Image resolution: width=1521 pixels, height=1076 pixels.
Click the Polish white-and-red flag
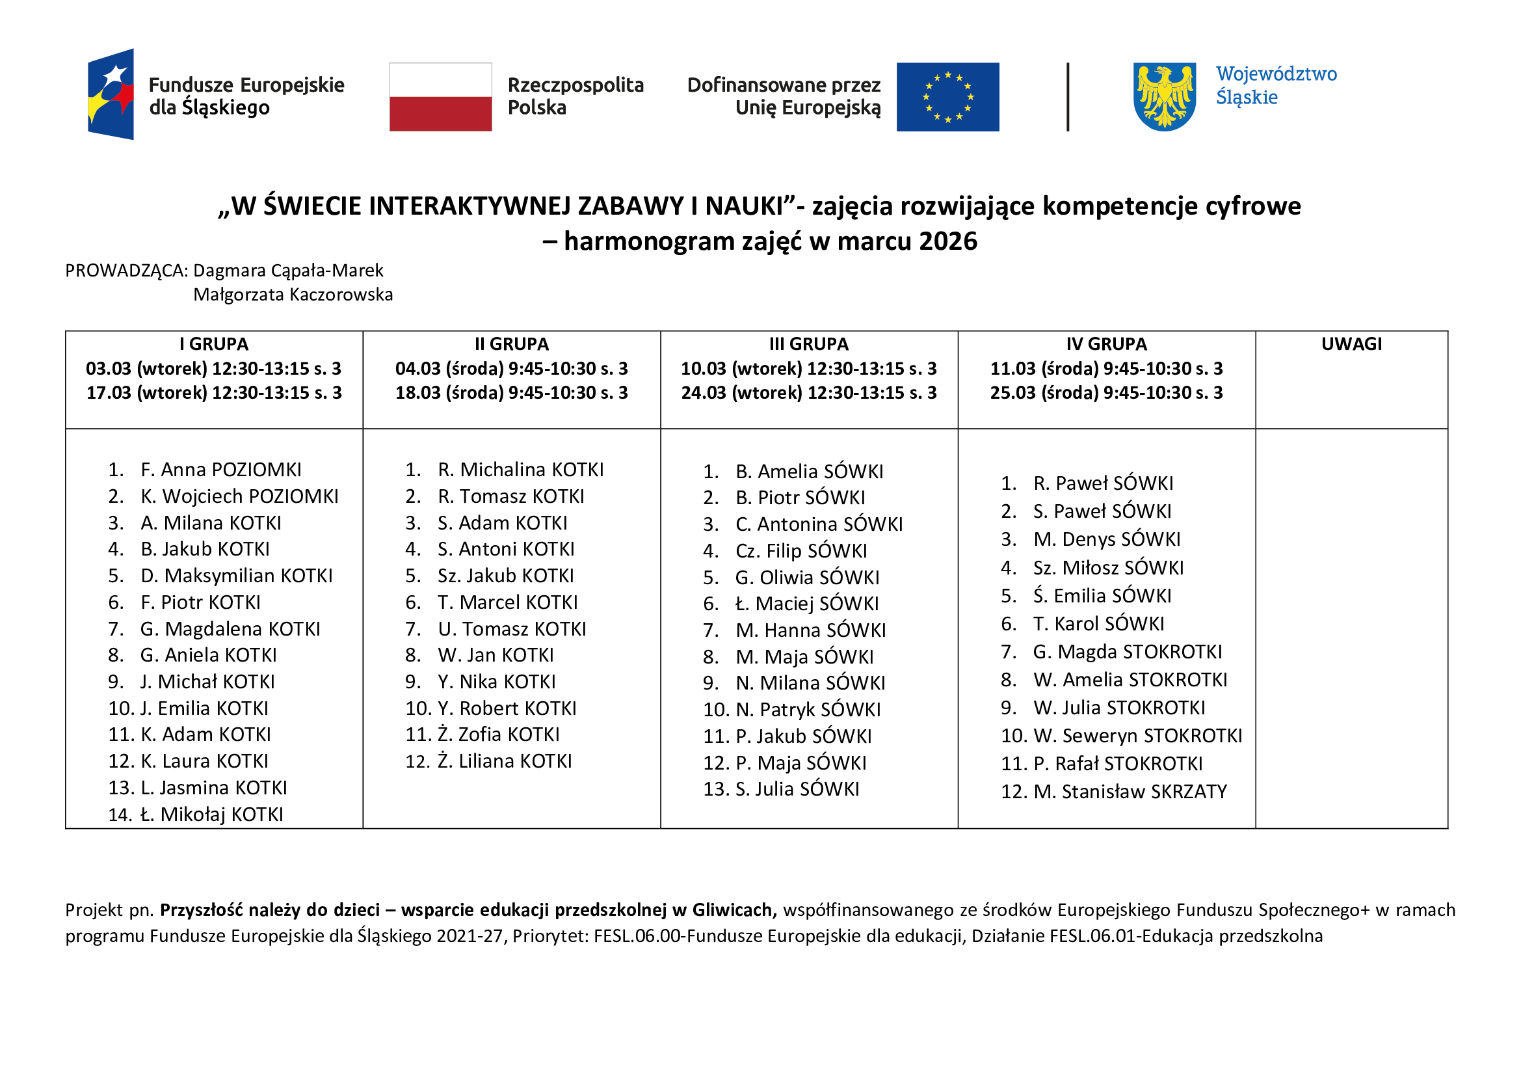click(x=440, y=97)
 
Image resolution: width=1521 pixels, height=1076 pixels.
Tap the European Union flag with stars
click(x=947, y=97)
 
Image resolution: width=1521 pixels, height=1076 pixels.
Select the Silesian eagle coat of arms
click(x=1164, y=97)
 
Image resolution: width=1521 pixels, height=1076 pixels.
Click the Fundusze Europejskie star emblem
click(x=111, y=94)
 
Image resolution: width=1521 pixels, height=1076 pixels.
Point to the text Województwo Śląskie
click(x=1275, y=85)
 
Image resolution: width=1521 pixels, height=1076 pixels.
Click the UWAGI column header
click(x=1351, y=344)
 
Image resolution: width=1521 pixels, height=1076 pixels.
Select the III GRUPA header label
click(x=808, y=344)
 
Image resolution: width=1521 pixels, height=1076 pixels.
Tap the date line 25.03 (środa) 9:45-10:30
click(x=1105, y=393)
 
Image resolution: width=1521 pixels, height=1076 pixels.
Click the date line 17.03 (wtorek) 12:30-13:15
click(x=214, y=393)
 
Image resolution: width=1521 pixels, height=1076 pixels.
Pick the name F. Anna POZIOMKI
click(x=220, y=470)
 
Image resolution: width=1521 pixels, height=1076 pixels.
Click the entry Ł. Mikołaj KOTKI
click(x=211, y=814)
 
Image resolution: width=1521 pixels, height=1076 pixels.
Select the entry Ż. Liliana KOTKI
click(x=504, y=761)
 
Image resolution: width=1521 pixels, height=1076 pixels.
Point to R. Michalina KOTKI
click(x=520, y=470)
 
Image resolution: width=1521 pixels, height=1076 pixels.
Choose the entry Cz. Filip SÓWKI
click(x=800, y=550)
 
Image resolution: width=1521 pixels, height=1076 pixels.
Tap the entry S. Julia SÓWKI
click(x=797, y=789)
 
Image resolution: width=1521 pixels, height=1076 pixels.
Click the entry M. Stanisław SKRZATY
click(x=1130, y=792)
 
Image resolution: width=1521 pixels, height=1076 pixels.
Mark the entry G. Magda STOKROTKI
click(x=1127, y=652)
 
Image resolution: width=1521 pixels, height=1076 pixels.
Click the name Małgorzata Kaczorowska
click(x=293, y=294)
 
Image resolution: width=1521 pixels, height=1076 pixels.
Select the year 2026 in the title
click(x=948, y=241)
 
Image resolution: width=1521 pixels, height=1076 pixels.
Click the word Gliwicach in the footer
click(x=734, y=909)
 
